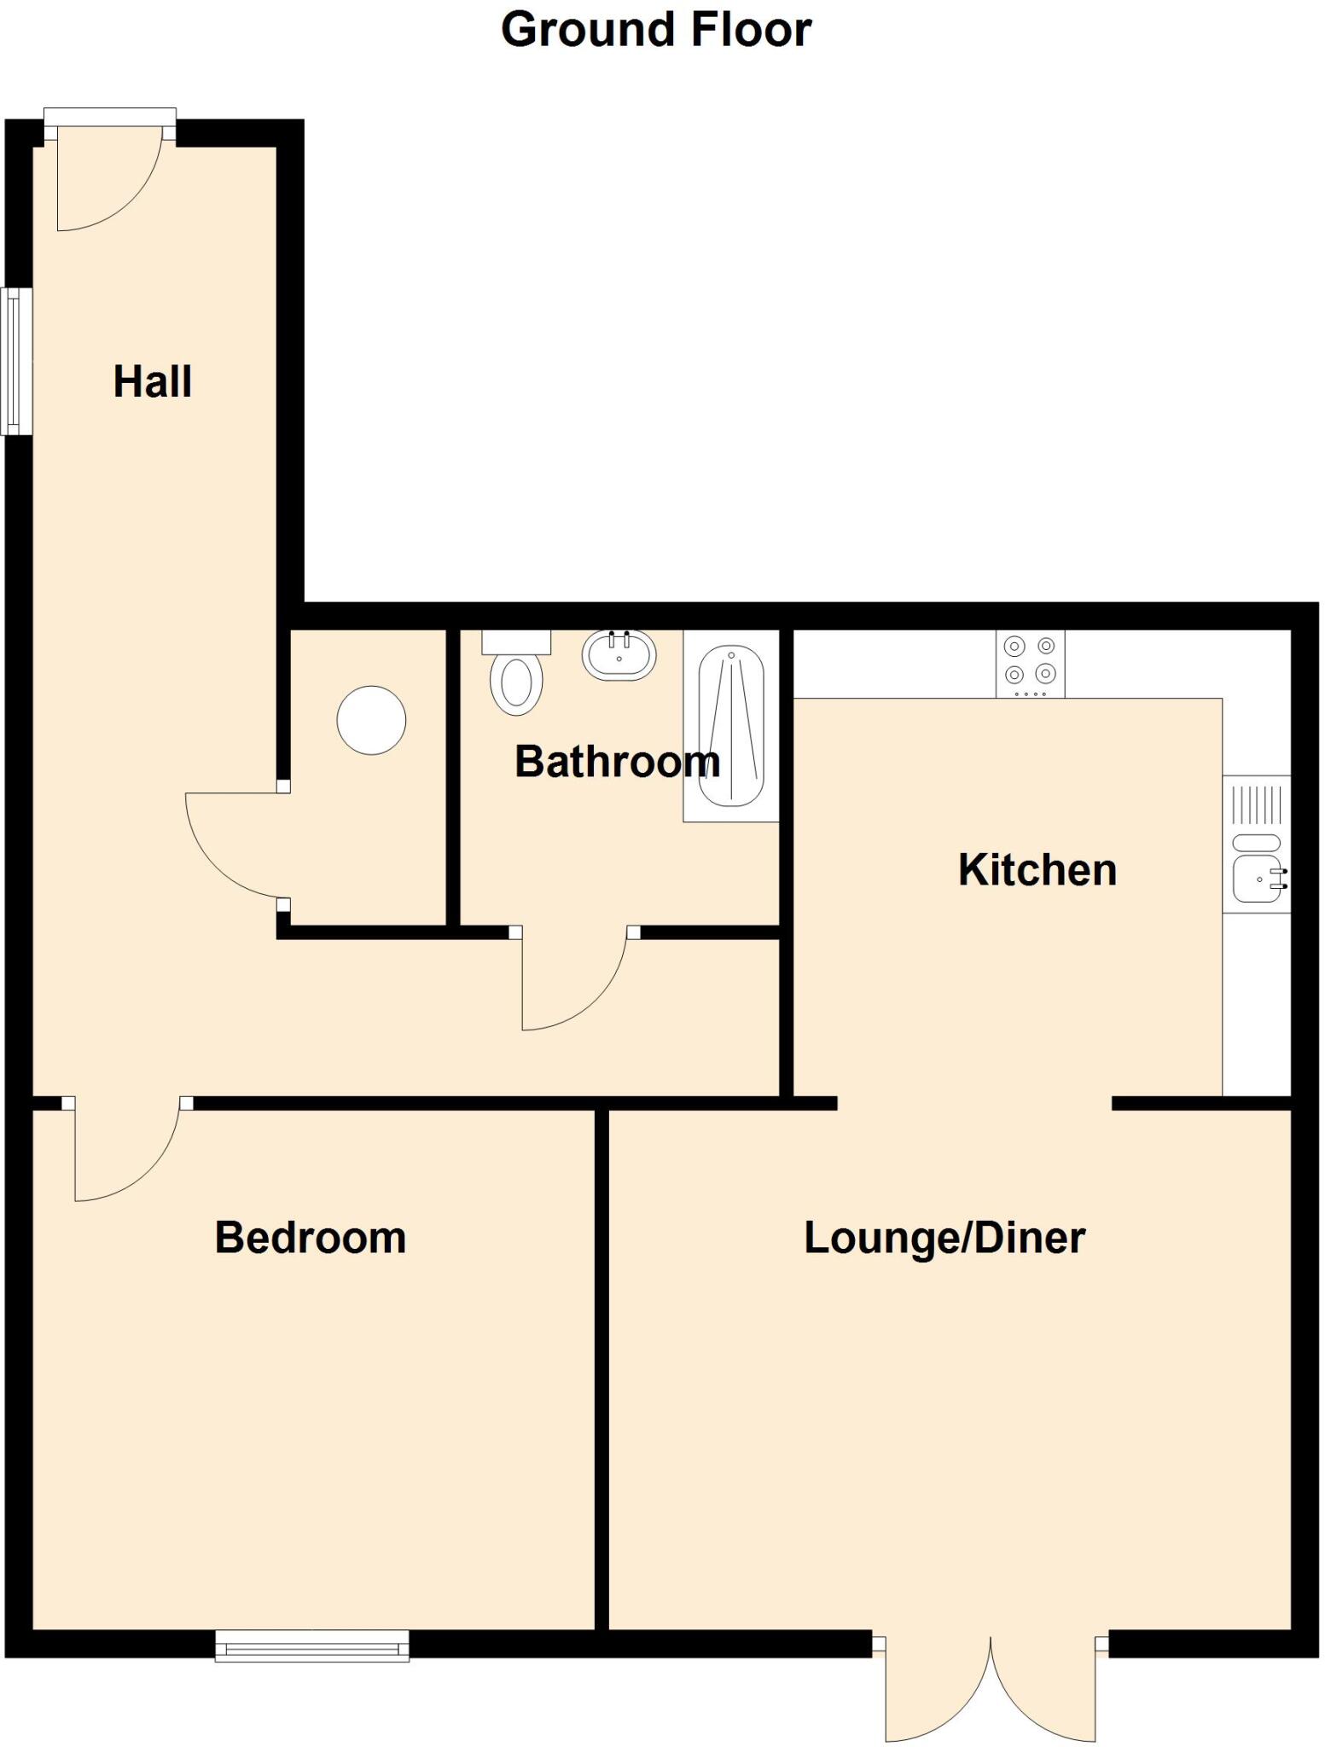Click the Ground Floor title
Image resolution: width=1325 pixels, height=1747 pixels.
pyautogui.click(x=655, y=30)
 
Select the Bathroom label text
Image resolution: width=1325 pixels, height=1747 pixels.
pyautogui.click(x=617, y=761)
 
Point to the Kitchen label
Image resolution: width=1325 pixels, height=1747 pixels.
pyautogui.click(x=1037, y=869)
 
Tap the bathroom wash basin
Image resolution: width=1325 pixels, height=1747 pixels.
pyautogui.click(x=619, y=655)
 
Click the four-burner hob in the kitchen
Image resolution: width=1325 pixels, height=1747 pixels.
pyautogui.click(x=1030, y=662)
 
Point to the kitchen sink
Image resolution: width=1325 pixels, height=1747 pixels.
pyautogui.click(x=1258, y=879)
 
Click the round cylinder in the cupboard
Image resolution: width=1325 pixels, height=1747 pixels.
pyautogui.click(x=371, y=720)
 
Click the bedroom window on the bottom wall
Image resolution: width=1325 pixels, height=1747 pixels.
pyautogui.click(x=311, y=1645)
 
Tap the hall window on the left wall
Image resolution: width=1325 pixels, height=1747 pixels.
pyautogui.click(x=15, y=362)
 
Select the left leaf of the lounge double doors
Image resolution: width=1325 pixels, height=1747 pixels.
pyautogui.click(x=934, y=1693)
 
